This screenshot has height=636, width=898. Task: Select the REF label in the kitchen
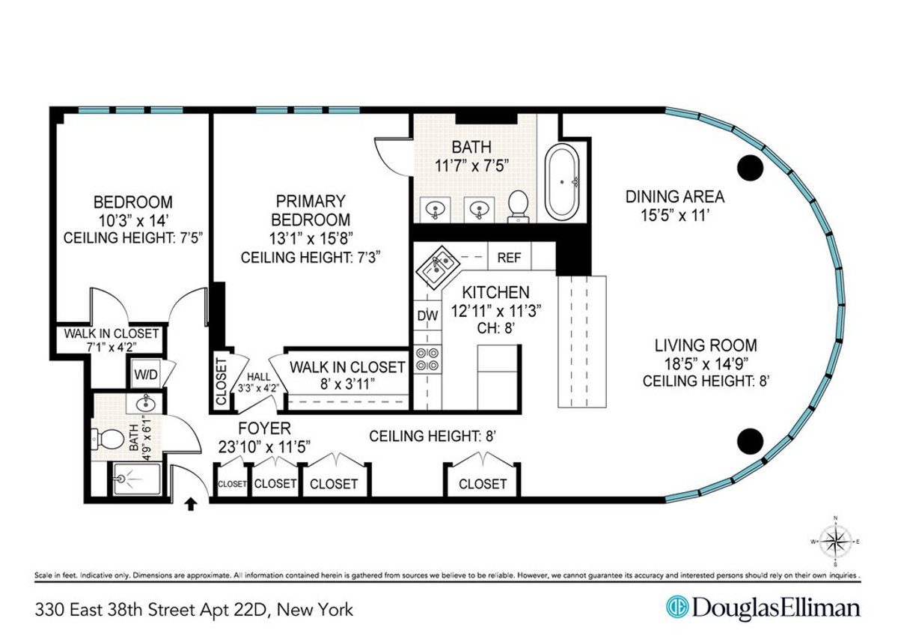click(509, 258)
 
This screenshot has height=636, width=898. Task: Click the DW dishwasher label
click(427, 316)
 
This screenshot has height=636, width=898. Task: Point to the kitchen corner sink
click(436, 269)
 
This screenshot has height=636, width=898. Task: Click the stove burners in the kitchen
click(427, 360)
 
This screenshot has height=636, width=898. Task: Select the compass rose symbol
click(835, 540)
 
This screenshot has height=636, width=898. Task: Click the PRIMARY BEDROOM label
click(311, 211)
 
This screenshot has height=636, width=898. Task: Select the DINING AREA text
click(674, 197)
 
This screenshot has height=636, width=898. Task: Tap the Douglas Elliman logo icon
click(677, 607)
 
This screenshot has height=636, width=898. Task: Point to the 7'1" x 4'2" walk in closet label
click(111, 346)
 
